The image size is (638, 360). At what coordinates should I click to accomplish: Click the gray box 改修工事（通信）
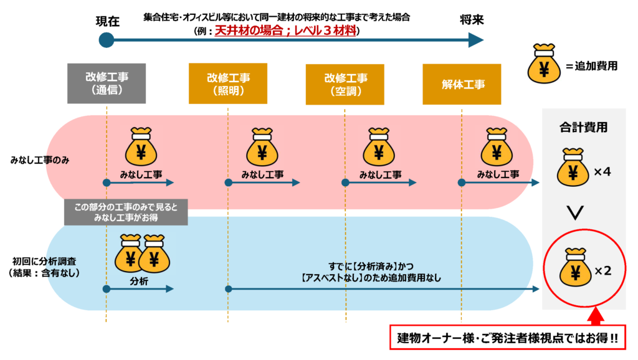(x=107, y=83)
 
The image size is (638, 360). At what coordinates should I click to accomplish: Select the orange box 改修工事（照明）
(x=228, y=83)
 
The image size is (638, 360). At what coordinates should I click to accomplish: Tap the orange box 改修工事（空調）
(x=345, y=84)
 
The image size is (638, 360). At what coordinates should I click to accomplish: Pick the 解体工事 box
(x=462, y=84)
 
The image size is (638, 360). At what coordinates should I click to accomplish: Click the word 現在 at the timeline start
(x=107, y=21)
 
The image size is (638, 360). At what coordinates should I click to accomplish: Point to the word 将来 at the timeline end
(x=472, y=20)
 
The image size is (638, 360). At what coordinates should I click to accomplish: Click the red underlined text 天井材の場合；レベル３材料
(x=285, y=31)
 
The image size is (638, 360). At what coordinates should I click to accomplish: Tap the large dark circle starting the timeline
(x=107, y=40)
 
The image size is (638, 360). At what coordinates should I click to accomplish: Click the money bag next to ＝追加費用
(x=544, y=64)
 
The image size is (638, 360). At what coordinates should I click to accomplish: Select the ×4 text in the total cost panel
(x=602, y=172)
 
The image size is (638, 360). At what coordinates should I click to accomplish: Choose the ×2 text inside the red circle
(x=603, y=270)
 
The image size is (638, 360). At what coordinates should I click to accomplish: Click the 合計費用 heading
(x=583, y=127)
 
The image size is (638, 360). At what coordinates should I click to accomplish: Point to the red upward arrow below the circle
(x=595, y=316)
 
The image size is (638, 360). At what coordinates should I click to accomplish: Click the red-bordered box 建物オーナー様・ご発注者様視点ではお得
(x=507, y=337)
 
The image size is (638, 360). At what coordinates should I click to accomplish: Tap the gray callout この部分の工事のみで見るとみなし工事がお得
(x=126, y=212)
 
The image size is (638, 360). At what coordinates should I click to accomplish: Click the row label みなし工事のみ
(x=40, y=160)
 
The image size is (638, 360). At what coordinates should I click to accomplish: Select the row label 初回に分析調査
(x=44, y=262)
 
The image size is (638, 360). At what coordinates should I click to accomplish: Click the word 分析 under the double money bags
(x=139, y=282)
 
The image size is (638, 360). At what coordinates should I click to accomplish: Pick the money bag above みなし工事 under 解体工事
(x=497, y=147)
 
